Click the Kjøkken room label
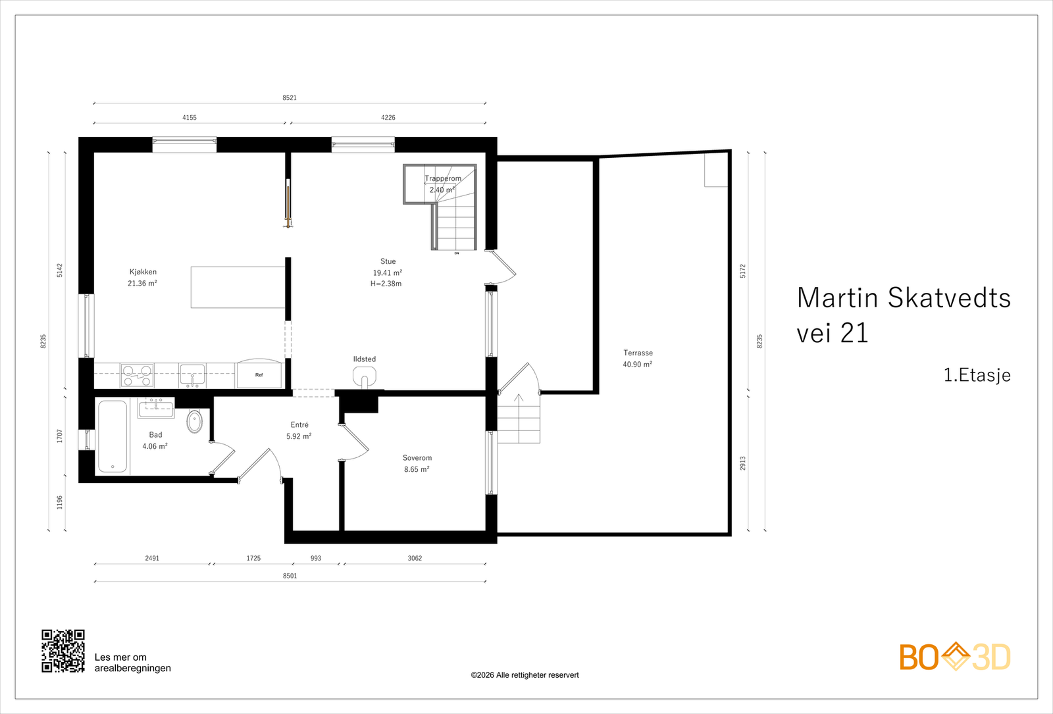point(143,272)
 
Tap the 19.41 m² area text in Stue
point(387,272)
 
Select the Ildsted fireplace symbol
point(364,377)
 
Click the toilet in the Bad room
point(194,421)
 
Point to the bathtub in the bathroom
point(113,436)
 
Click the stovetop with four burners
point(137,376)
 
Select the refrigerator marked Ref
point(259,375)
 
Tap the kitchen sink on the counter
point(192,376)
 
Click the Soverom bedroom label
point(417,458)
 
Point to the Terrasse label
point(638,353)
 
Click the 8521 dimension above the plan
point(290,98)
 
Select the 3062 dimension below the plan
point(415,558)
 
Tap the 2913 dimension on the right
point(743,463)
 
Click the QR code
point(63,651)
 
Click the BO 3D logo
point(954,657)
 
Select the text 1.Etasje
point(977,375)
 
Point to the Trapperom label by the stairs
point(443,178)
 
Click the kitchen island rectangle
point(238,287)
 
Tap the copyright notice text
point(525,675)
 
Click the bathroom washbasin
point(156,407)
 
